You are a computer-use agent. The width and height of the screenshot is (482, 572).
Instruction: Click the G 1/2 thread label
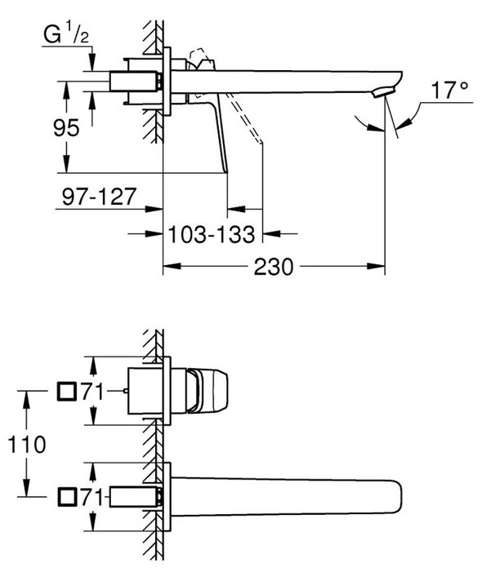click(x=66, y=34)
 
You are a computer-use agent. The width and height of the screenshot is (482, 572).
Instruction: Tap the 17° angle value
click(x=449, y=90)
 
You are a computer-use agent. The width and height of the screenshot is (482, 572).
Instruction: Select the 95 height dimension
click(x=66, y=128)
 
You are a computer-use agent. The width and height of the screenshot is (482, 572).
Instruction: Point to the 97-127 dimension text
click(x=99, y=197)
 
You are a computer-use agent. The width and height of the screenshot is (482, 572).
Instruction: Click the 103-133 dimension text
click(x=212, y=234)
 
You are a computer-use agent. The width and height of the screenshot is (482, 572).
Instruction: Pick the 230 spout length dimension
click(x=274, y=267)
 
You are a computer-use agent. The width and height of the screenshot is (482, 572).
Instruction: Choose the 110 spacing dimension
click(x=27, y=445)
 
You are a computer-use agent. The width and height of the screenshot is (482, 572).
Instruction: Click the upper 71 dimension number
click(x=92, y=392)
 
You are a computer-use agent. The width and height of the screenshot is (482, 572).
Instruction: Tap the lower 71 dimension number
click(x=92, y=497)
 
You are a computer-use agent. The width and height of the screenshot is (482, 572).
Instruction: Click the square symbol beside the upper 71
click(x=67, y=392)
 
